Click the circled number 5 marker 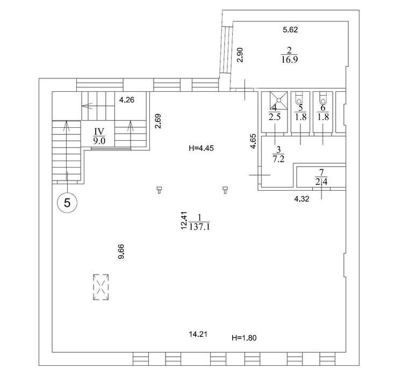67,202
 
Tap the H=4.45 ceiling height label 201,148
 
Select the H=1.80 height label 244,337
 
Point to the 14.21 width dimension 198,334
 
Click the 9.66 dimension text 121,251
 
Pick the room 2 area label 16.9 289,55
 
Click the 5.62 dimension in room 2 290,30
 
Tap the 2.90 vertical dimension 241,55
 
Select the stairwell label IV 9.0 99,136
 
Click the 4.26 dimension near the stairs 127,100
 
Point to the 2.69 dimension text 158,121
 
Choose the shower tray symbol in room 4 278,100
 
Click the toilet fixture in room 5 299,98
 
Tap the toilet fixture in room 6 322,98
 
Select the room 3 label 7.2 278,154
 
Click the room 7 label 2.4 321,177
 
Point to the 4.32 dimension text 301,199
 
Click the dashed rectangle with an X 101,287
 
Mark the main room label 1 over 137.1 199,222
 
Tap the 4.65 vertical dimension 253,141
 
